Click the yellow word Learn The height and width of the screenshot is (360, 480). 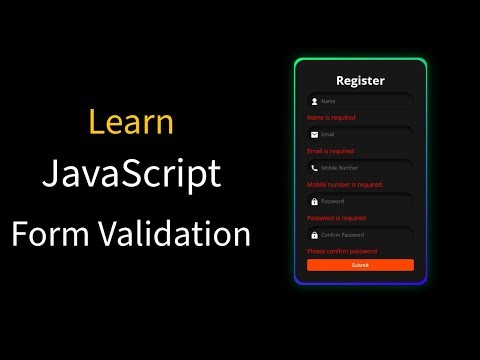point(131,122)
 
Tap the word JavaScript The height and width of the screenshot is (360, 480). point(131,174)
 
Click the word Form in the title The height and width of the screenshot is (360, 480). point(49,234)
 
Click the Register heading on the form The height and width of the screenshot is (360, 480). point(360,81)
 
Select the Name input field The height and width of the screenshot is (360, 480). point(365,101)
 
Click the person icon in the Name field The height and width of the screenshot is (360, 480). point(314,101)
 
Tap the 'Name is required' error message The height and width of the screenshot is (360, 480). point(331,118)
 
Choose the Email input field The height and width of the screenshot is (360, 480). point(365,134)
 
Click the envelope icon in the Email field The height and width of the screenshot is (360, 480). point(314,134)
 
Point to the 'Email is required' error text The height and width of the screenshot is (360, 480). point(331,151)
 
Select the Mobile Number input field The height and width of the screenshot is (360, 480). point(365,168)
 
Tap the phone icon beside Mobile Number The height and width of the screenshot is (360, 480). point(314,168)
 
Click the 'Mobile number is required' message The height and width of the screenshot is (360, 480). point(344,184)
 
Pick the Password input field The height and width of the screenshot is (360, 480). point(365,201)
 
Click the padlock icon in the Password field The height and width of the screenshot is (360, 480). point(314,201)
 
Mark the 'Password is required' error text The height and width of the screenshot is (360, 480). point(336,217)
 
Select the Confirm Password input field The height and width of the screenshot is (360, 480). point(365,234)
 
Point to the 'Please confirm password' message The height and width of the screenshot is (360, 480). point(342,251)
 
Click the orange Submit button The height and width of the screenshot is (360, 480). point(360,265)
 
